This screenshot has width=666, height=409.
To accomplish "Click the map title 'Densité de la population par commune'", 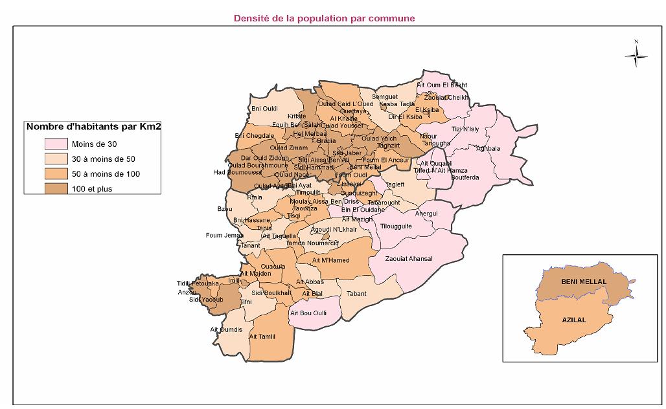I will coord(324,18).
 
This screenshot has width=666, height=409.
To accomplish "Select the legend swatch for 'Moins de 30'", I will coord(56,143).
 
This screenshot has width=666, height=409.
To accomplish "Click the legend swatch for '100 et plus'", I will coord(56,189).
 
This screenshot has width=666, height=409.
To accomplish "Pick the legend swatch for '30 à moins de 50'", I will coord(56,159).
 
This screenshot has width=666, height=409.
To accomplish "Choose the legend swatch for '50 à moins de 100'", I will coord(56,174).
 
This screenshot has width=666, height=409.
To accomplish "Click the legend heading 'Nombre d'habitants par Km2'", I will coord(93,127).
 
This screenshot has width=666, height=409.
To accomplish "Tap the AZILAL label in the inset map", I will coord(574,320).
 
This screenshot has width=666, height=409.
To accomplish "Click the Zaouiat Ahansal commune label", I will coord(408,259).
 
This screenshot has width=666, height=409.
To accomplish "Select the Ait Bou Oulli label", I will coord(308,313).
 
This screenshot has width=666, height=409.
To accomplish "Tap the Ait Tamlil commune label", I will coord(262,337).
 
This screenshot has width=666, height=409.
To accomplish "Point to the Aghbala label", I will coord(488,148).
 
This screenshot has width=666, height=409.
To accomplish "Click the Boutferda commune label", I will coord(465,177).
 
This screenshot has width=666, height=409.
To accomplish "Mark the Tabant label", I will coord(356,294).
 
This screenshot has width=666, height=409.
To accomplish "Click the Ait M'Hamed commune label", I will coord(330,261).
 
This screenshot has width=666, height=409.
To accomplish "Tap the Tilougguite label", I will coord(396,227).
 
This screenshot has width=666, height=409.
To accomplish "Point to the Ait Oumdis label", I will coord(226,330).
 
